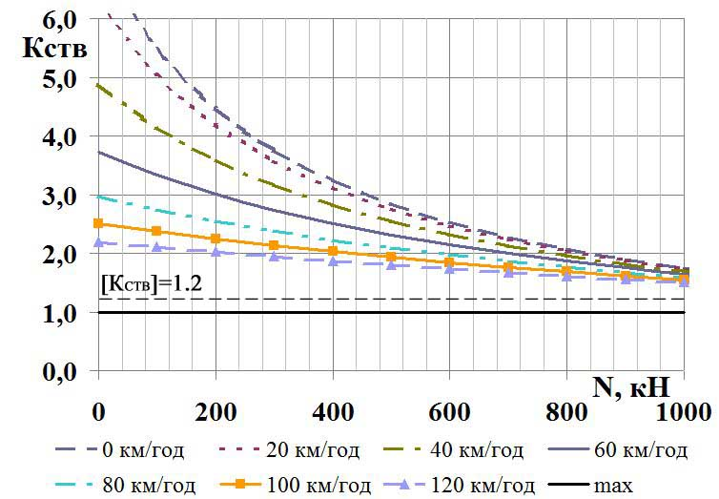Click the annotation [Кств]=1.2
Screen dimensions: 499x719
click(x=153, y=282)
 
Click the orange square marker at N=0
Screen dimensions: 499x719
click(x=98, y=223)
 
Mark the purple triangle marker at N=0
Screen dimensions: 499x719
click(x=98, y=242)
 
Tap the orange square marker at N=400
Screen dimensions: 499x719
click(x=333, y=251)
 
